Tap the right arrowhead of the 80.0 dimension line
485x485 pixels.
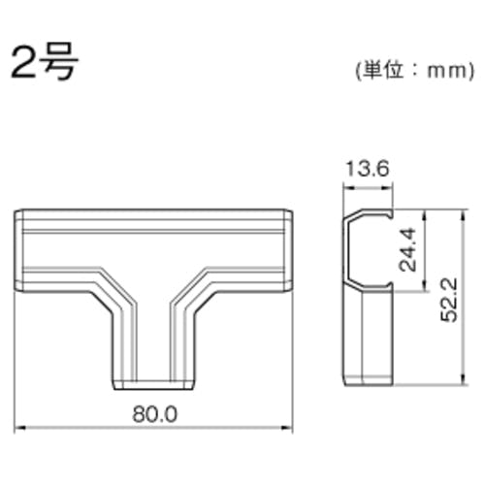(288, 428)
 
